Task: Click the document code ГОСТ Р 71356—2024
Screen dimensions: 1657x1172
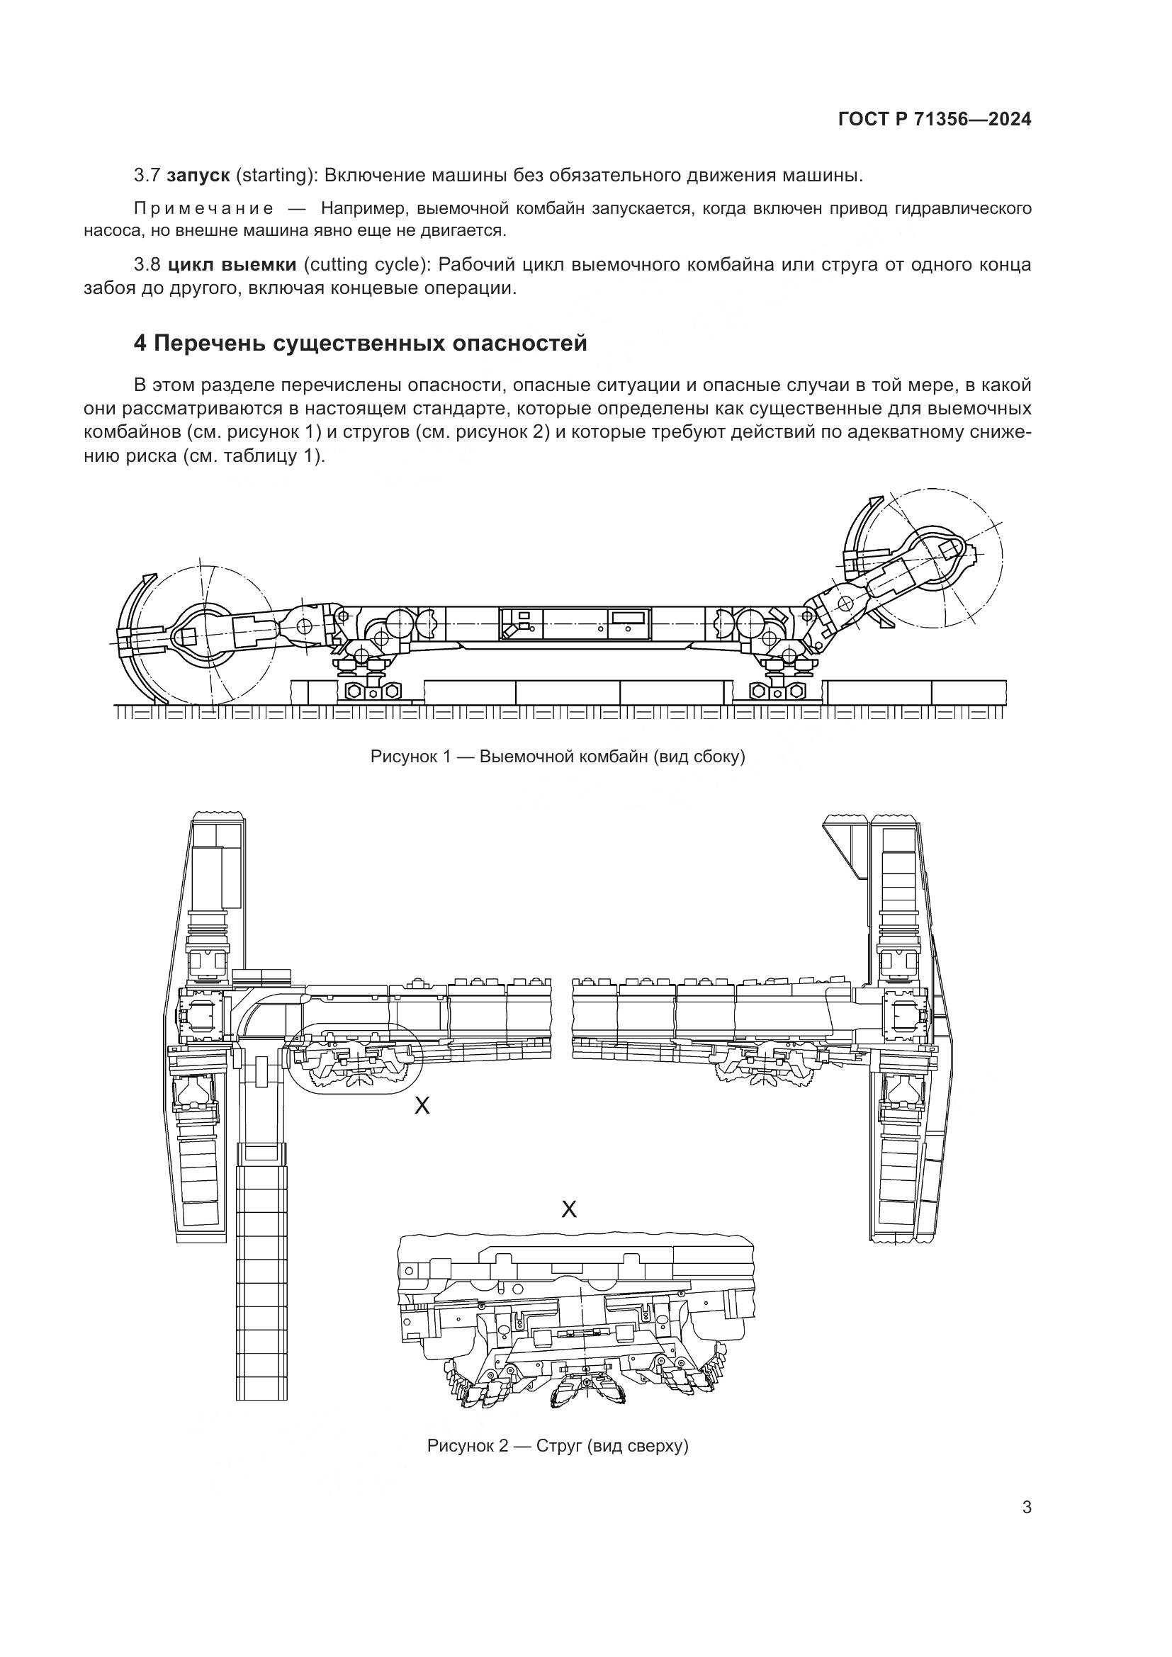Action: [x=935, y=120]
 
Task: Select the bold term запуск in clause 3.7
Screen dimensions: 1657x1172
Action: [x=198, y=176]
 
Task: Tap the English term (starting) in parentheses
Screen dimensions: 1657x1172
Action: [x=276, y=176]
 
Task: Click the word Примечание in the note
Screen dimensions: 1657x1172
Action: [x=203, y=209]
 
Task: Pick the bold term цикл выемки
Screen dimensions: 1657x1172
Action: [x=231, y=265]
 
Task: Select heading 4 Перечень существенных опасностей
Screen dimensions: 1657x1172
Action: [x=360, y=344]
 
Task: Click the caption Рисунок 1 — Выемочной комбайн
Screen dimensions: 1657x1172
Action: [x=557, y=757]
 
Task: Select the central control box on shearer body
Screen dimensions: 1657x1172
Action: [x=575, y=623]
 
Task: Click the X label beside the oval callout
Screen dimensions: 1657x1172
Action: [x=422, y=1105]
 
